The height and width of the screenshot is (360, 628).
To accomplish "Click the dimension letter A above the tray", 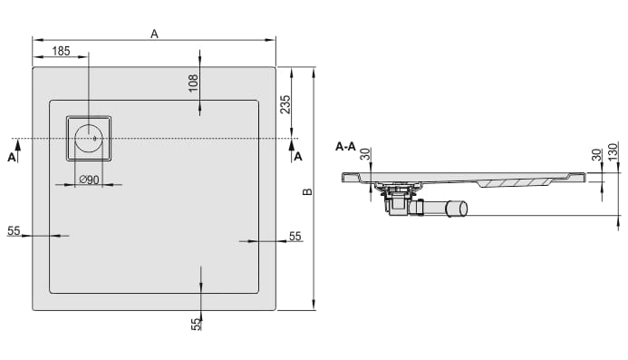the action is click(154, 34).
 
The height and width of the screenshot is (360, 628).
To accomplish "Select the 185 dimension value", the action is click(61, 51).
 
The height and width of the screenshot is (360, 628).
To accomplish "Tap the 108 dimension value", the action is click(193, 83).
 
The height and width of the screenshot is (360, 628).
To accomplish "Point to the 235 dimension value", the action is click(285, 104).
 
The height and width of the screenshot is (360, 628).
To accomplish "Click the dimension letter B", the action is click(307, 191).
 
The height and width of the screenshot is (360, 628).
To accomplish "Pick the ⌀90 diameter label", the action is click(89, 180).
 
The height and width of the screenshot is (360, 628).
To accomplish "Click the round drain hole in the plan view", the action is click(89, 139).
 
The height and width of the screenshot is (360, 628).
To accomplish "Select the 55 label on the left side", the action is click(14, 231).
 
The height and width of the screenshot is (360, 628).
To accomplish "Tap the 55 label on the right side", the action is click(295, 236).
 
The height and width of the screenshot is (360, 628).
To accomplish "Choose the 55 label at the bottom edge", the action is click(196, 324).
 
